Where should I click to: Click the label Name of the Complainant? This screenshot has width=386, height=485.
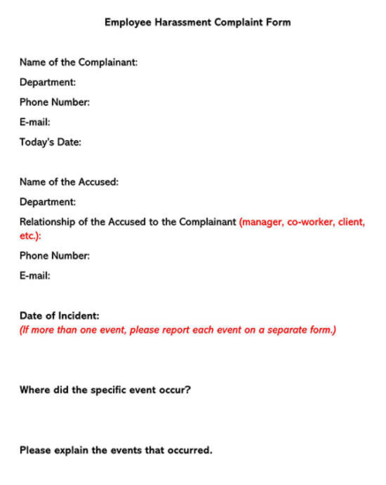click(x=78, y=62)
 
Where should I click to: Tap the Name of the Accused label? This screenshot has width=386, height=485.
click(x=69, y=182)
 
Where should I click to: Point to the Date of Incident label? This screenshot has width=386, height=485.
click(x=59, y=316)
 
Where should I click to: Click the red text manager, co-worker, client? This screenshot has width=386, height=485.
click(x=301, y=222)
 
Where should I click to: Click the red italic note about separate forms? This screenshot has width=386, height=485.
click(x=178, y=331)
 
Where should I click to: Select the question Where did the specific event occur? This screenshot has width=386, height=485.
click(x=105, y=389)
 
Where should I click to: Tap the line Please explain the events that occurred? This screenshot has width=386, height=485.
click(x=116, y=450)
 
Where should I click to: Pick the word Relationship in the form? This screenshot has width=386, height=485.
click(x=49, y=222)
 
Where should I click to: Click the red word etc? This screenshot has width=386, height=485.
click(x=30, y=235)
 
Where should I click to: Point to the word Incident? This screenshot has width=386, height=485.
click(x=78, y=316)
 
